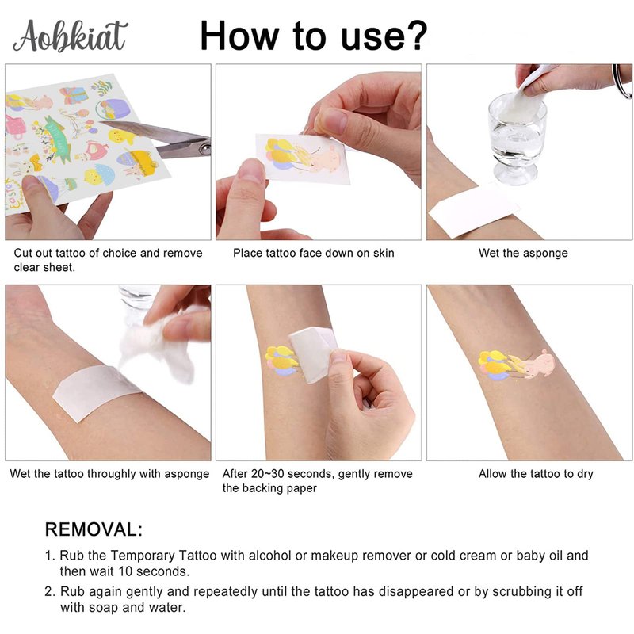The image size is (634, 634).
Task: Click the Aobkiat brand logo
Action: click(70, 36)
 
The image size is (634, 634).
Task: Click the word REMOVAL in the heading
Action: click(90, 529)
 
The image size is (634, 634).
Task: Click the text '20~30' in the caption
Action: click(267, 473)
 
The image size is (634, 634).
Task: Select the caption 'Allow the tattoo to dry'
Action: click(536, 473)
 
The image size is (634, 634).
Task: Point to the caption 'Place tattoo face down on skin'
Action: click(313, 253)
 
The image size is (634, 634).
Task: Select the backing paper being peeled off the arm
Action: click(312, 354)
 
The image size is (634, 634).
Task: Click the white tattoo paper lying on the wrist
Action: click(97, 392)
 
